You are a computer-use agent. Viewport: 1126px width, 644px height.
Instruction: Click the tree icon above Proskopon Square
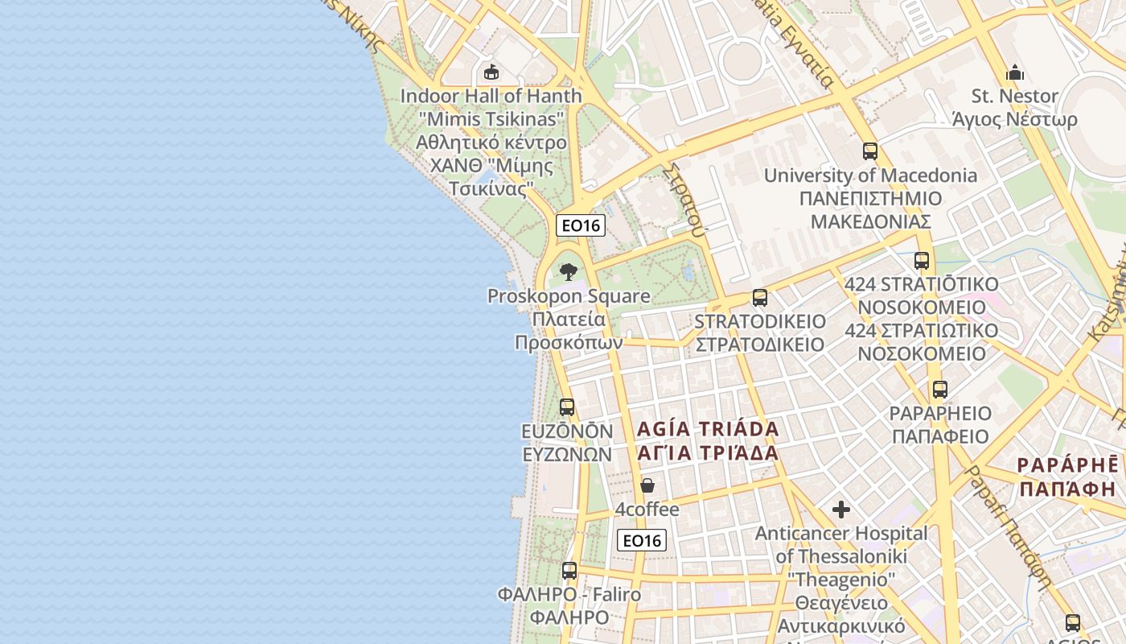tap(569, 271)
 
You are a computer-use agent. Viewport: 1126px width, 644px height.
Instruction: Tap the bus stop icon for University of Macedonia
tap(869, 151)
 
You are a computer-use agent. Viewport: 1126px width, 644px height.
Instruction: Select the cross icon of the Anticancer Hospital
tap(841, 510)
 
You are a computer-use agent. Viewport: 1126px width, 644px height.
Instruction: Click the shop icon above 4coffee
tap(647, 485)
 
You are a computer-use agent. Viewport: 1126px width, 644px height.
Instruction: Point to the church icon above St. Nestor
tap(1015, 72)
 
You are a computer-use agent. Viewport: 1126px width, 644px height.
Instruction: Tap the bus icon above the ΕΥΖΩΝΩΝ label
tap(567, 407)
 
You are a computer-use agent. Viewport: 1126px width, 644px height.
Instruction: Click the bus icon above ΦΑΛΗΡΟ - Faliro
tap(569, 571)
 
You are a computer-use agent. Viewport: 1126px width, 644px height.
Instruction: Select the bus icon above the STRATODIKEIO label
tap(760, 298)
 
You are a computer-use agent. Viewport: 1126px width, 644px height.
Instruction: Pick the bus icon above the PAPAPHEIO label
tap(939, 390)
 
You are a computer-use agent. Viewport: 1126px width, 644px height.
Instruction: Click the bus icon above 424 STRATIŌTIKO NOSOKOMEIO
tap(922, 261)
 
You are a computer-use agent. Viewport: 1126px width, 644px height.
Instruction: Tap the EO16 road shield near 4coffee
tap(642, 541)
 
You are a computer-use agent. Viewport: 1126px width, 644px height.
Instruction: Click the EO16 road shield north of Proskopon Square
tap(581, 225)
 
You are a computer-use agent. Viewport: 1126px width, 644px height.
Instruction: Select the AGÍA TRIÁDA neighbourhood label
tap(708, 440)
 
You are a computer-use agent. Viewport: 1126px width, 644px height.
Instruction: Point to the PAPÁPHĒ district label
tap(1068, 476)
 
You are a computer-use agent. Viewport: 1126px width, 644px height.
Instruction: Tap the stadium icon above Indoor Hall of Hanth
tap(491, 72)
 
